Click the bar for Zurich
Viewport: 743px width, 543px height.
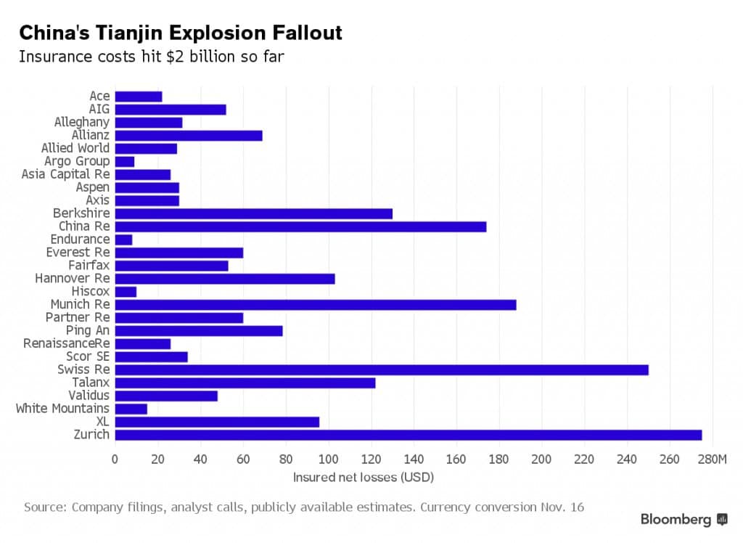click(408, 435)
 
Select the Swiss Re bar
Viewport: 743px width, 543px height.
click(381, 370)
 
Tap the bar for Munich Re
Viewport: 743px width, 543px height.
click(315, 304)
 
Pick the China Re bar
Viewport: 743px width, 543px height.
click(300, 226)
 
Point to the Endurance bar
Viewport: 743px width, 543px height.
click(123, 240)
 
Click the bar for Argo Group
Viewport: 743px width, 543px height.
click(124, 161)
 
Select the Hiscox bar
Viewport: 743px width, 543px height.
click(126, 292)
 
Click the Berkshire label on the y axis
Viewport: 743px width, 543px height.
click(81, 213)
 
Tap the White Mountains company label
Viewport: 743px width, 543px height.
click(62, 409)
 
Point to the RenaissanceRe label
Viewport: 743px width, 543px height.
click(66, 343)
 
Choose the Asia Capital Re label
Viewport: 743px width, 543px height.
click(65, 174)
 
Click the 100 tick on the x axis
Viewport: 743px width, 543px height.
click(329, 460)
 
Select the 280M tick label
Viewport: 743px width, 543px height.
click(710, 460)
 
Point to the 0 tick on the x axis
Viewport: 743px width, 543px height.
click(115, 460)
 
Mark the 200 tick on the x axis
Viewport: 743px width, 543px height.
click(542, 460)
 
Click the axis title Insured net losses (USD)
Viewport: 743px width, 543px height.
click(363, 478)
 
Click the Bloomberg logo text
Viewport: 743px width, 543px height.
click(676, 519)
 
